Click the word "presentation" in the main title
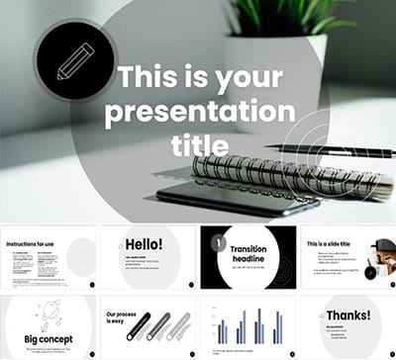(x=199, y=110)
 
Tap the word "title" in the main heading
(x=199, y=144)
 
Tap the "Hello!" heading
(x=144, y=244)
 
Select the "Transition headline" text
(x=248, y=255)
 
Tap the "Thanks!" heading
(x=347, y=315)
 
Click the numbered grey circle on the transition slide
(x=216, y=242)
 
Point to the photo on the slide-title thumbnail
(x=385, y=258)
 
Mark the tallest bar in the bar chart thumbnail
(x=259, y=324)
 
